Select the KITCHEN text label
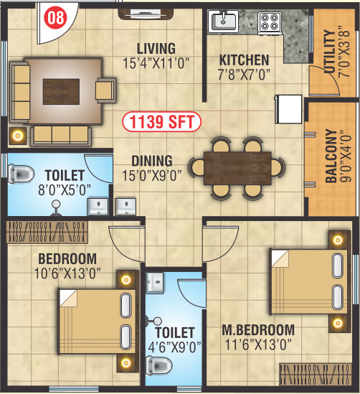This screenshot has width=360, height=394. tap(244, 60)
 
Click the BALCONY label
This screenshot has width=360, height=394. tap(331, 156)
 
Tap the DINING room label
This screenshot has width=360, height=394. tap(151, 161)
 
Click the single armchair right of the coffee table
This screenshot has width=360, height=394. tap(105, 90)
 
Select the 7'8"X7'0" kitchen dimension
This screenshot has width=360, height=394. tap(244, 73)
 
